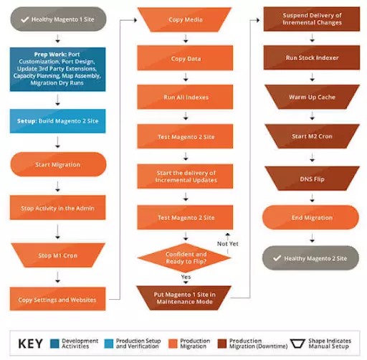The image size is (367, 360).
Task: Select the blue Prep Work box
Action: [x=57, y=68]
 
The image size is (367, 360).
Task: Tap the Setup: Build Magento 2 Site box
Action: [x=57, y=122]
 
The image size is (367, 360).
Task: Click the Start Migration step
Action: [x=57, y=165]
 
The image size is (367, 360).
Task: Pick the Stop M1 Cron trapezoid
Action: [x=57, y=254]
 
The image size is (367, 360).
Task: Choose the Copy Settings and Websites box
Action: [x=57, y=298]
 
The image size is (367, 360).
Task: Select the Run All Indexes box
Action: [x=186, y=96]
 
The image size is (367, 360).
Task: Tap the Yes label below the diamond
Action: [x=186, y=276]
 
